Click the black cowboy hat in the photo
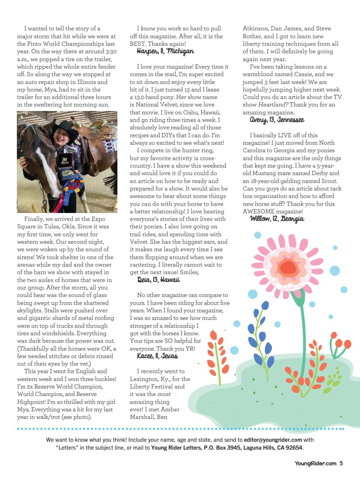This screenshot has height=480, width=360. tap(64, 126)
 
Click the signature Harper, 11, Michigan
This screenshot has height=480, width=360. tap(165, 51)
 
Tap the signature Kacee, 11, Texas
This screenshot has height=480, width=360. tap(157, 356)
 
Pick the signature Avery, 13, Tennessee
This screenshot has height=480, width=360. tap(277, 120)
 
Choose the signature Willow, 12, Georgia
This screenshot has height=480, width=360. tap(277, 219)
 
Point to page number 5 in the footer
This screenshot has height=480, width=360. tap(341, 463)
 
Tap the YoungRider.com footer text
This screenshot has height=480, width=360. tap(315, 463)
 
